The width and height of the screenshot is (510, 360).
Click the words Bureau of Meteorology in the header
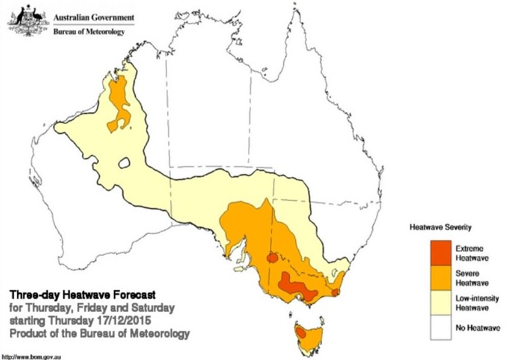[x=89, y=32]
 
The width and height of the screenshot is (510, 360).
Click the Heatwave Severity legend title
[x=440, y=228]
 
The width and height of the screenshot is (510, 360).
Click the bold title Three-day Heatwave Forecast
[x=83, y=295]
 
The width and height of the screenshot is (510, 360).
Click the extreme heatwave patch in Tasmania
[x=300, y=331]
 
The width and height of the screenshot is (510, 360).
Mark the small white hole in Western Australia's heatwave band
[x=125, y=163]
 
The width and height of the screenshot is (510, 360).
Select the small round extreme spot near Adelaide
[x=272, y=257]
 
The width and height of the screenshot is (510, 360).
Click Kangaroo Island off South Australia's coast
[x=241, y=269]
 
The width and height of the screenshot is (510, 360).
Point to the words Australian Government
[x=94, y=18]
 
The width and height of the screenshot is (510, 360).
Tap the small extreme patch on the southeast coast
[x=336, y=292]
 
